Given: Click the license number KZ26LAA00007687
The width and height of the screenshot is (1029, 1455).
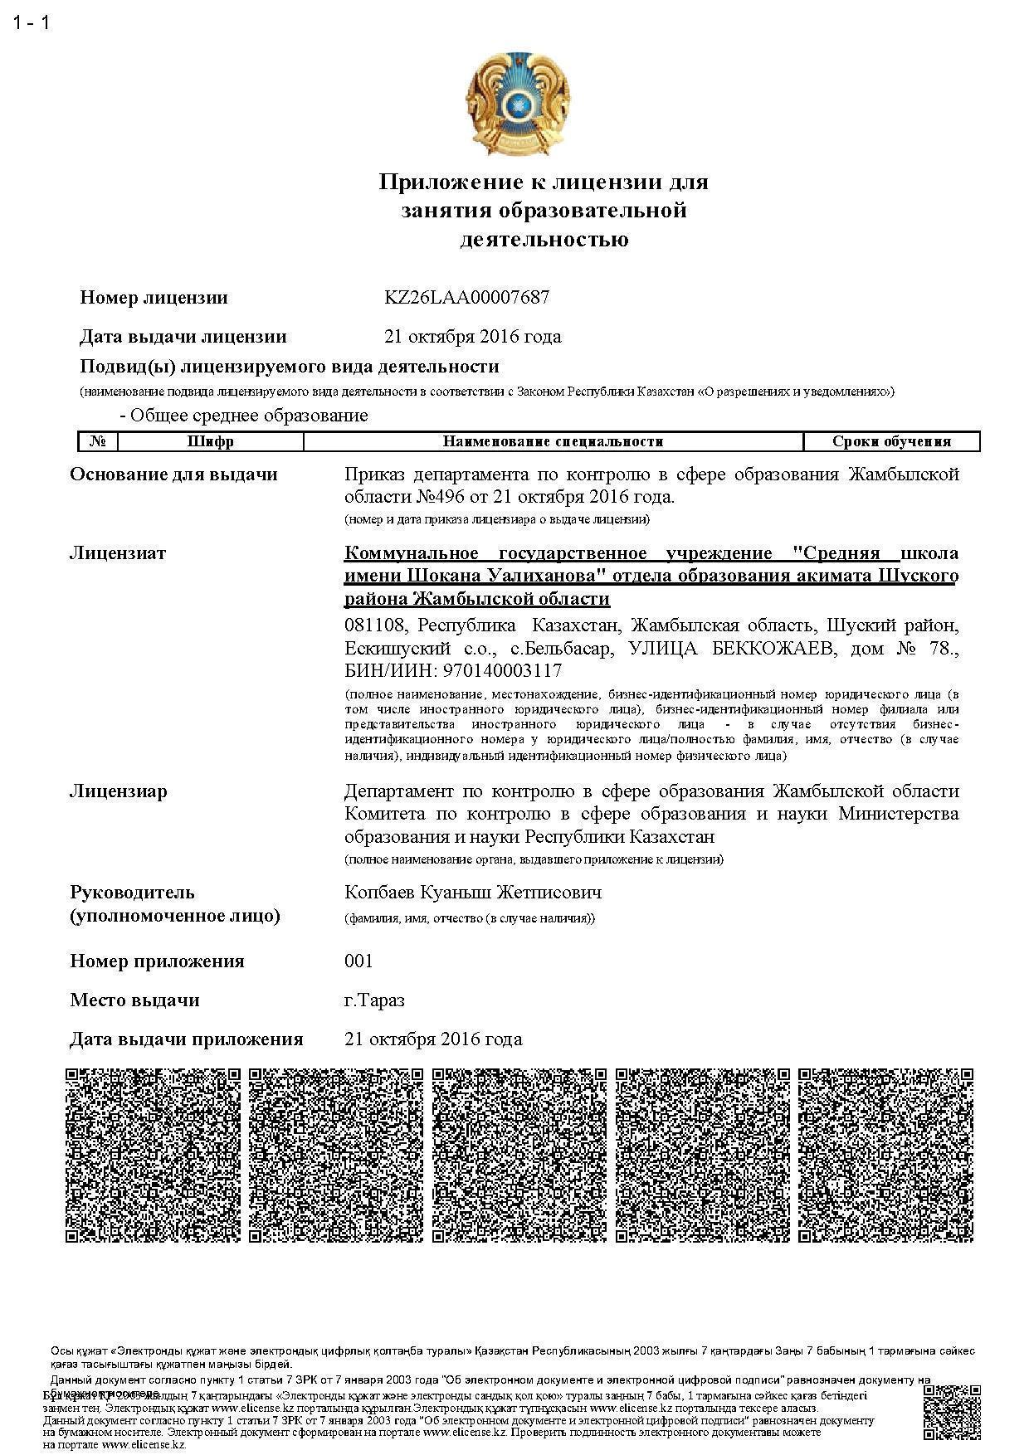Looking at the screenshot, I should tap(466, 297).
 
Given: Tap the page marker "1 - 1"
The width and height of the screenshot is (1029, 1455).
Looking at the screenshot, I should tap(32, 22).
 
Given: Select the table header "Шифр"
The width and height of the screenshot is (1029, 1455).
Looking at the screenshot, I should tap(210, 441).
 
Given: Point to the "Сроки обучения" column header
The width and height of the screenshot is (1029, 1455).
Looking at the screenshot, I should tap(891, 441).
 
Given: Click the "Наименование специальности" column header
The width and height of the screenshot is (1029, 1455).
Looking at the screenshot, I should tap(553, 441).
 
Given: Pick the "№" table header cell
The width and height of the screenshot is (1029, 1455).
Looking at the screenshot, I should tap(98, 441).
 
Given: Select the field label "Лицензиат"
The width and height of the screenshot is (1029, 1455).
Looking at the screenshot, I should tap(118, 553).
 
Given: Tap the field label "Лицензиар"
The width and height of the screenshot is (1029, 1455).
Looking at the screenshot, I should tap(118, 791).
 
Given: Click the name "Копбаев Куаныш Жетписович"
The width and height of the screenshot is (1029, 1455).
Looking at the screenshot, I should tap(473, 893).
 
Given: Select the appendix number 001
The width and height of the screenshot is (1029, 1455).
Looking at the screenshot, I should tap(358, 961).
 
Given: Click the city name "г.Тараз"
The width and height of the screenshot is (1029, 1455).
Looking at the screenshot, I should tap(374, 1000).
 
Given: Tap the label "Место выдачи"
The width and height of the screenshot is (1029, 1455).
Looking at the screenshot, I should tap(134, 1000).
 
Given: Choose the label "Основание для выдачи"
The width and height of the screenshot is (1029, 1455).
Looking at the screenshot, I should tap(173, 474).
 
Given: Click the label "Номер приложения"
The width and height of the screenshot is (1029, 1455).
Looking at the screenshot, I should tap(157, 961).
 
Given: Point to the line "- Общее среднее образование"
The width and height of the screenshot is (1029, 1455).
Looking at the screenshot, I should tap(244, 415).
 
